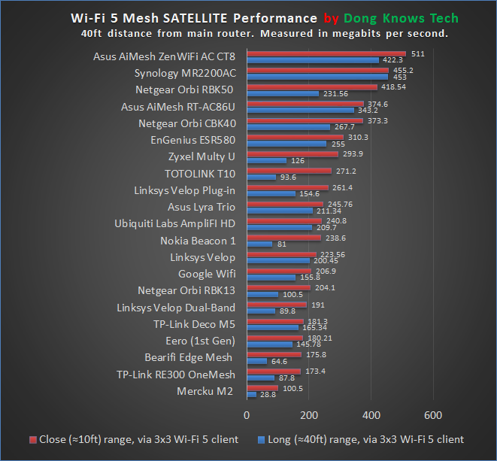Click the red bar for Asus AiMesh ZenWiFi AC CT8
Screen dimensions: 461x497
point(326,53)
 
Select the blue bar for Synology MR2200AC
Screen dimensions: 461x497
point(317,77)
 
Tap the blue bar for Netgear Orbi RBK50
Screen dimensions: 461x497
point(282,93)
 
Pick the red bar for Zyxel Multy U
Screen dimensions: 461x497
point(292,153)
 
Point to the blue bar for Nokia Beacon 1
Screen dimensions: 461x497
point(259,244)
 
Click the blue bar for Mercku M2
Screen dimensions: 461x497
point(250,394)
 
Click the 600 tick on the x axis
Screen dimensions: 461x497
point(433,414)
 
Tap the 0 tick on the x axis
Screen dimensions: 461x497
point(247,414)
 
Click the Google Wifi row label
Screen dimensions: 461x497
point(207,274)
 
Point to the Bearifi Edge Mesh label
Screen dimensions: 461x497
point(189,357)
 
